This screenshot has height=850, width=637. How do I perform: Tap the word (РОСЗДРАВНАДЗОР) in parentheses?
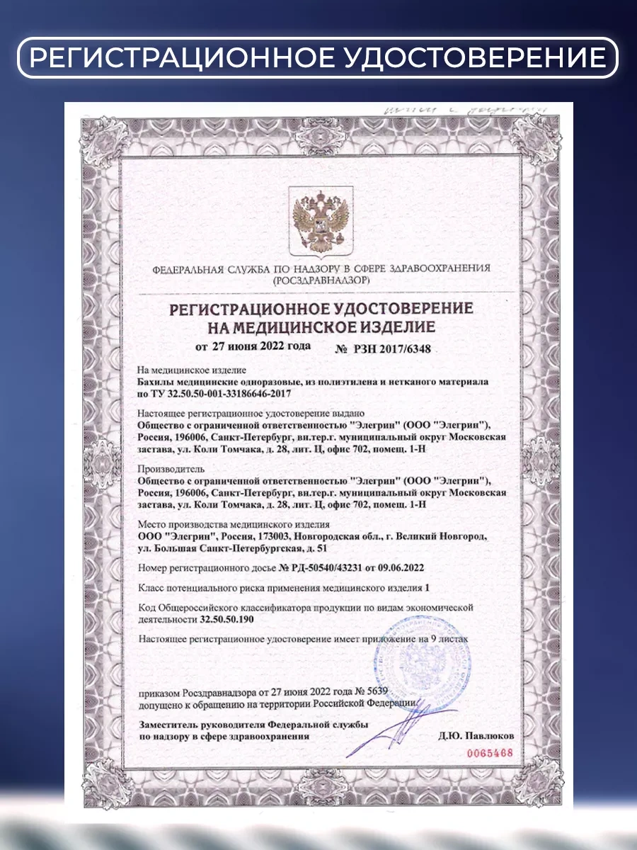point(321,280)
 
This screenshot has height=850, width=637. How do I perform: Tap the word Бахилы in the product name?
point(156,381)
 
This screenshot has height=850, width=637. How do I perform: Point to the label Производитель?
point(171,469)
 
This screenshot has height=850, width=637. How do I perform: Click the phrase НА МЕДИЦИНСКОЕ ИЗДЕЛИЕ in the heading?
point(320,327)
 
